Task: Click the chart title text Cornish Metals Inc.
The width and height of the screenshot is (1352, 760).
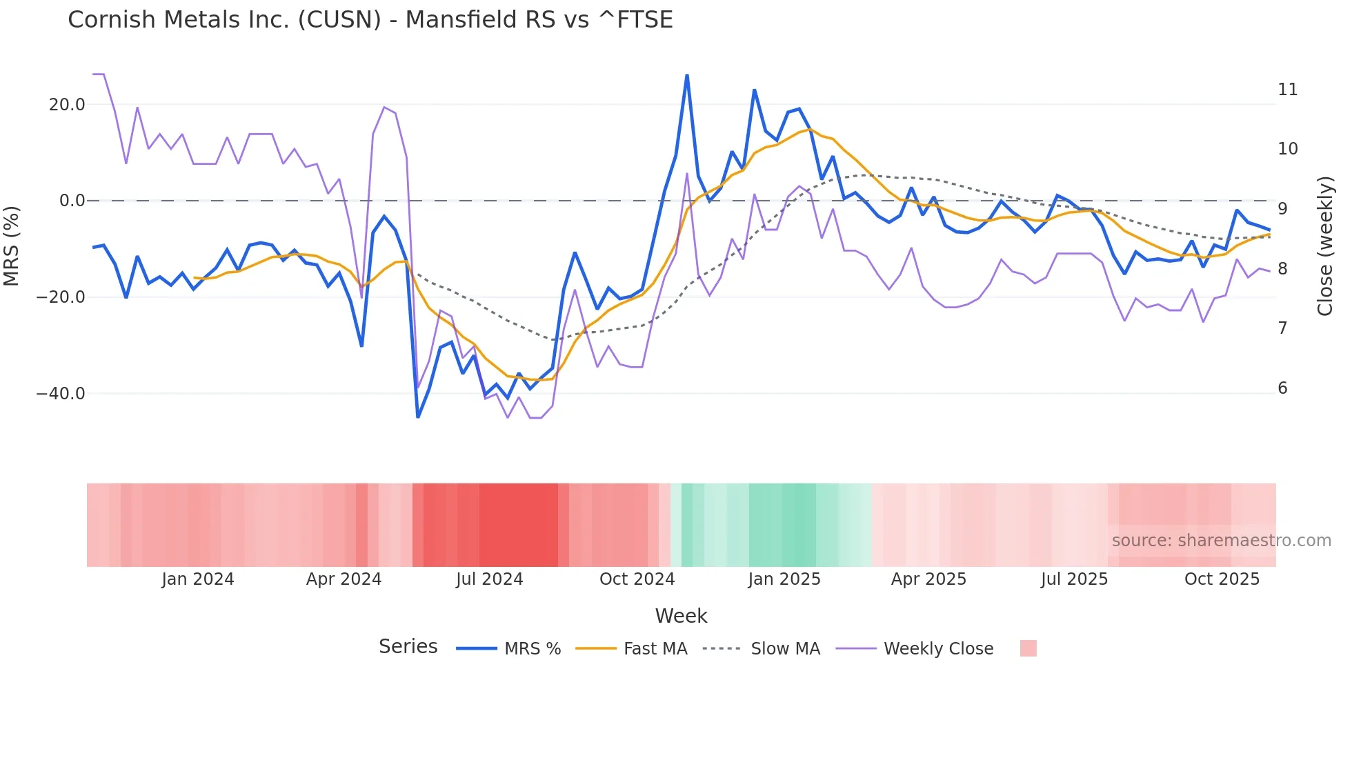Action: tap(370, 20)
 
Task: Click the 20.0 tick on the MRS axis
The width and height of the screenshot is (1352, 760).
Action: tap(67, 105)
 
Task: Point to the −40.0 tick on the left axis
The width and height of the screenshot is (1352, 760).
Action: tap(61, 394)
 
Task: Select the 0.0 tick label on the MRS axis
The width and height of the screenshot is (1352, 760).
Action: tap(72, 201)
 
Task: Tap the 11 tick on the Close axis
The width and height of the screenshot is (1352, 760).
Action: tap(1287, 90)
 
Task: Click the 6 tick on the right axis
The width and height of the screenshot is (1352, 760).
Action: tap(1282, 388)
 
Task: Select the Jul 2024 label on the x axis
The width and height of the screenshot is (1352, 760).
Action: tap(489, 579)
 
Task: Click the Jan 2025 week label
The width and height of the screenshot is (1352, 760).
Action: tap(784, 579)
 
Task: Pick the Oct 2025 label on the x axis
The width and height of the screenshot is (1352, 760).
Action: tap(1222, 579)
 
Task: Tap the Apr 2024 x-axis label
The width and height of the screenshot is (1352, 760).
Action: tap(344, 579)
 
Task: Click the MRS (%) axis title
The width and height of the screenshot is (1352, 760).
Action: tap(11, 246)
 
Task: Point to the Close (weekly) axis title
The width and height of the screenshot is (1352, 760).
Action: tap(1324, 246)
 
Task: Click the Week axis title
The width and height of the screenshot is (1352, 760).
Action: tap(681, 616)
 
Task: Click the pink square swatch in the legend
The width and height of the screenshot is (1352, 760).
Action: tap(1028, 649)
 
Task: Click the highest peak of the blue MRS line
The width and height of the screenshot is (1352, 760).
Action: tap(687, 76)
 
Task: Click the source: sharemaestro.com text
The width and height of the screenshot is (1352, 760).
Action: tap(1221, 541)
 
